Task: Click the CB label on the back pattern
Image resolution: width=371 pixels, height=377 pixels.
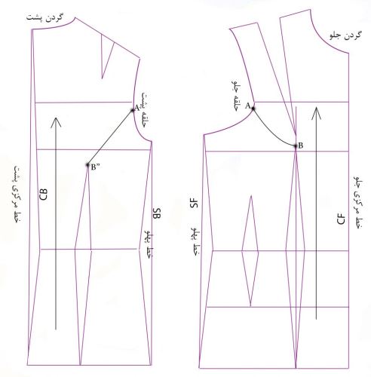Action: point(43,194)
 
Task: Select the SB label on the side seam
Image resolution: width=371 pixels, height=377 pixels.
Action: point(157,213)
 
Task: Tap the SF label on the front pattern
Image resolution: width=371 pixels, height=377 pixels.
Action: point(194,203)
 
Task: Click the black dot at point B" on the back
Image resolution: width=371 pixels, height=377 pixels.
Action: point(87,165)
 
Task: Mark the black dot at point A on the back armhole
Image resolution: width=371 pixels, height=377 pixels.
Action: point(133,110)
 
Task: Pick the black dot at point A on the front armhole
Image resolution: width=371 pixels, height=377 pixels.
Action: point(253,109)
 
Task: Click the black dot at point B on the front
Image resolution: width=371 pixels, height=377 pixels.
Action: point(296,146)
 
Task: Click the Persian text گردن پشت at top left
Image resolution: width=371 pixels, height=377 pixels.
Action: point(45,18)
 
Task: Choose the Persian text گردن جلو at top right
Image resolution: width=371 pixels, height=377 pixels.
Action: point(345,35)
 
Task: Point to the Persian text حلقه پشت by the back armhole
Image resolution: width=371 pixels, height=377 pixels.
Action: point(144,110)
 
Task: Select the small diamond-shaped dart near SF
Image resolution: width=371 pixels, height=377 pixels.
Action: point(250,251)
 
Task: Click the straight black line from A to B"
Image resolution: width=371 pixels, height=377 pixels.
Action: point(110,137)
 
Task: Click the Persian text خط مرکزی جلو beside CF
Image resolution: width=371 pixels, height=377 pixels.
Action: point(358,202)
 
